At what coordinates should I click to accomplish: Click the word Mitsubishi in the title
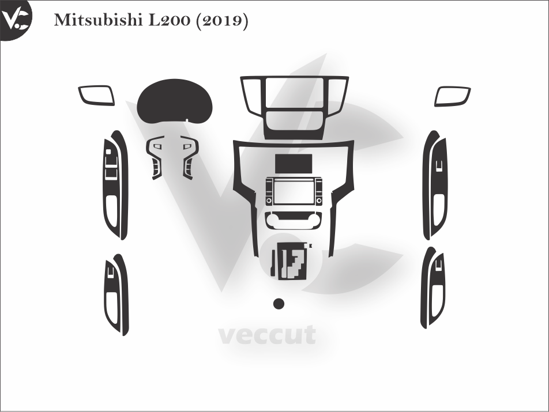click(x=99, y=21)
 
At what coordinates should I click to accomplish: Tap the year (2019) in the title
click(x=223, y=21)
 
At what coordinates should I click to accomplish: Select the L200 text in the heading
click(x=170, y=21)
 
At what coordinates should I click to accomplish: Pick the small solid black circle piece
click(x=279, y=304)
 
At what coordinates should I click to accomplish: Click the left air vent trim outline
click(x=96, y=95)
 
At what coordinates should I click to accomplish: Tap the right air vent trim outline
click(x=453, y=96)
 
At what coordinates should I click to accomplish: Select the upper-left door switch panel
click(x=115, y=185)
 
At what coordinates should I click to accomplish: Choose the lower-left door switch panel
click(x=116, y=295)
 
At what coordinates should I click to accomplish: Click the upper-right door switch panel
click(x=435, y=185)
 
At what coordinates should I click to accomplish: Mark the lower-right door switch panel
click(x=434, y=288)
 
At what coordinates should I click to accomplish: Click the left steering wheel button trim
click(x=155, y=157)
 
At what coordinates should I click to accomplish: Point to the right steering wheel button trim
click(x=189, y=157)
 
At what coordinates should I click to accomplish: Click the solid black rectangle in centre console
click(x=294, y=163)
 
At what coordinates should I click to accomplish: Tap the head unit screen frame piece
click(x=294, y=191)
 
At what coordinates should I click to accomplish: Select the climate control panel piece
click(x=294, y=220)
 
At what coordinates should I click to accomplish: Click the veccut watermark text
click(x=268, y=335)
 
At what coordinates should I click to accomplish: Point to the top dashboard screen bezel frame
click(x=294, y=107)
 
